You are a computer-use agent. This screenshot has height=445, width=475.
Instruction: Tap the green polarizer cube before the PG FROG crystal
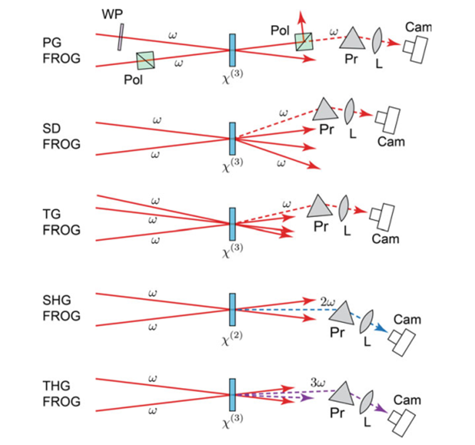click(x=146, y=61)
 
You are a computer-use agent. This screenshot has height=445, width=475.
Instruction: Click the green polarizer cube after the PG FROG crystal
click(x=305, y=43)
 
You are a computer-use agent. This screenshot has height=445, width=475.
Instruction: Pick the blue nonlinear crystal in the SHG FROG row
click(x=232, y=308)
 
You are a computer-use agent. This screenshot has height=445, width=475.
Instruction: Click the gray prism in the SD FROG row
click(x=326, y=111)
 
